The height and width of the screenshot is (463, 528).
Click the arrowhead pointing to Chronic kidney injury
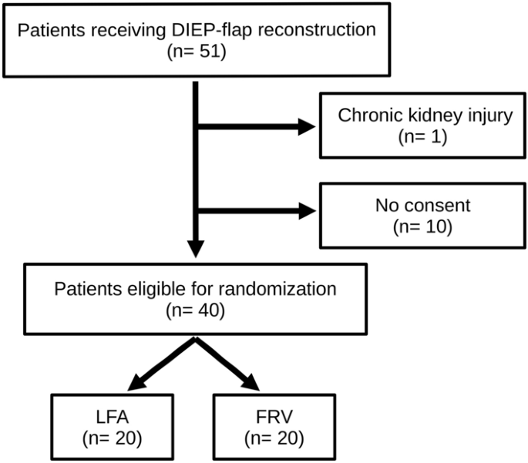(x=308, y=127)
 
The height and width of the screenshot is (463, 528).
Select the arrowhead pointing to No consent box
(x=308, y=208)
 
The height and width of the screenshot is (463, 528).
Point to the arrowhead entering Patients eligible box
(x=196, y=248)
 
